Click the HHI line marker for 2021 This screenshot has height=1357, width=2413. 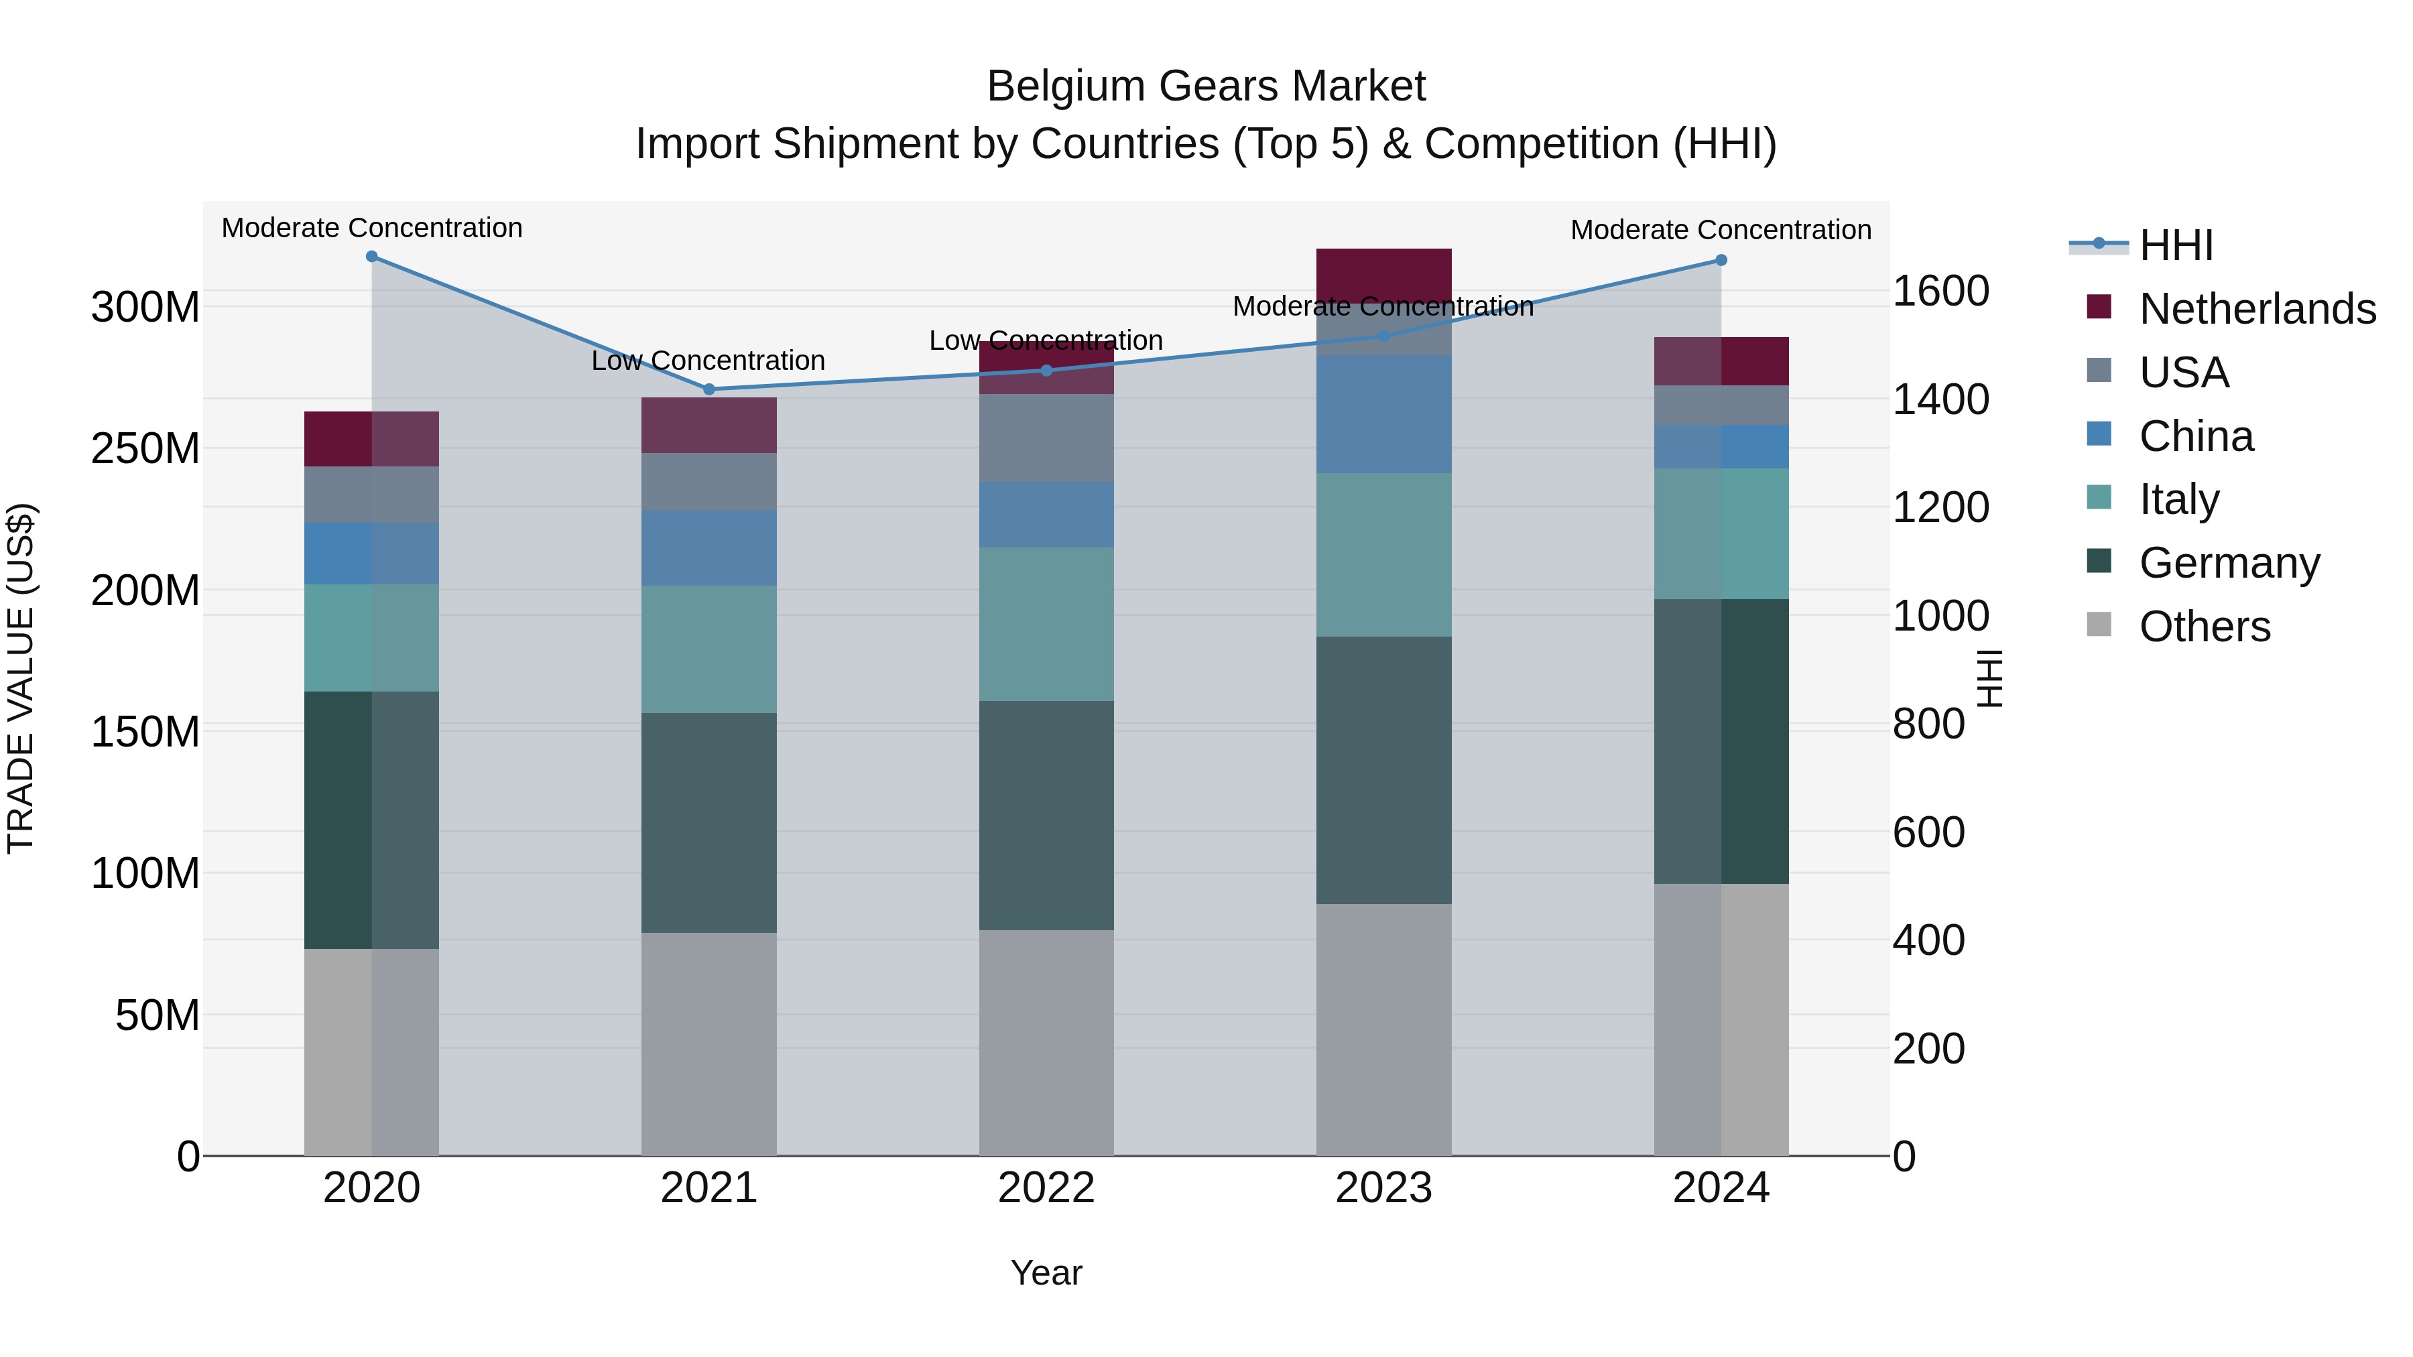(x=709, y=389)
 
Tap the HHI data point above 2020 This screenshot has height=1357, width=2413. (x=372, y=257)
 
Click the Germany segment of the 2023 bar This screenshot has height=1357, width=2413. (x=1383, y=770)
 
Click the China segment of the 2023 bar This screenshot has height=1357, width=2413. (x=1383, y=414)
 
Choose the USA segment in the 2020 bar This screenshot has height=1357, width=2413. (x=372, y=495)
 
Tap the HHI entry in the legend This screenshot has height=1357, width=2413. (x=2175, y=245)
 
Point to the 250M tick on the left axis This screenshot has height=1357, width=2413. (x=145, y=448)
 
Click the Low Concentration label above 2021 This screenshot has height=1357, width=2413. (x=708, y=361)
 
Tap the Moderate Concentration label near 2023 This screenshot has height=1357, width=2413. (x=1383, y=306)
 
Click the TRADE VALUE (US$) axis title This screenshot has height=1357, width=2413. (x=21, y=678)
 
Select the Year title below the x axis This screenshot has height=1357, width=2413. (x=1046, y=1273)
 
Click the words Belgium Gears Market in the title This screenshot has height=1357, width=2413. (x=1206, y=86)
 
